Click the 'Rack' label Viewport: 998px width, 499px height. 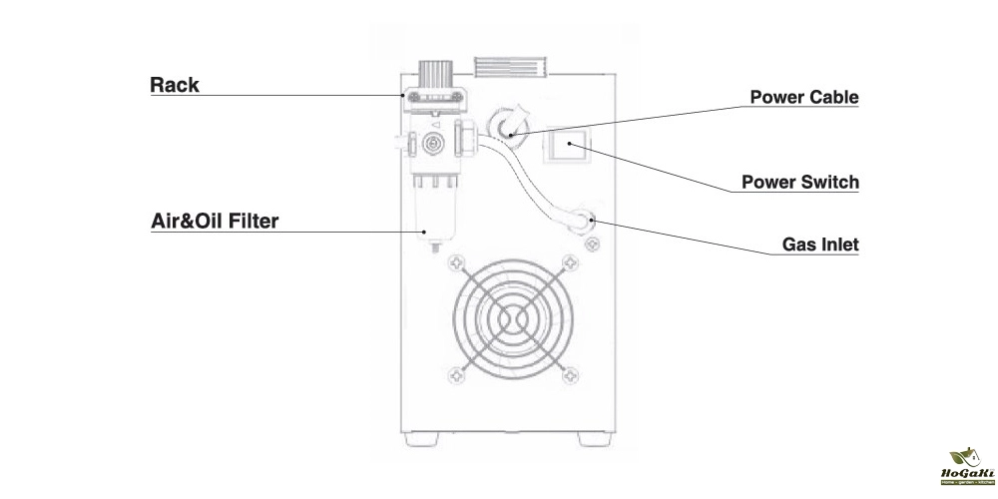click(x=175, y=85)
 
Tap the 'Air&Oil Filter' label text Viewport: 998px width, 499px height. click(x=214, y=221)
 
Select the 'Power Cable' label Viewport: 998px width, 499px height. click(x=804, y=97)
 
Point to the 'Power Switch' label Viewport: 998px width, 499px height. click(x=800, y=183)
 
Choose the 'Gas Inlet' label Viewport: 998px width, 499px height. click(x=820, y=244)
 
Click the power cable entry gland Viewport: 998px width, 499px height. click(x=504, y=125)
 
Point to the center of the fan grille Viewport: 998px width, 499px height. click(x=513, y=318)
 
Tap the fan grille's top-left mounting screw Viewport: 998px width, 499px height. click(x=457, y=263)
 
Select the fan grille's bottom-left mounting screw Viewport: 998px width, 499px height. click(x=457, y=374)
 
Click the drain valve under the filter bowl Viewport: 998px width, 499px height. click(x=434, y=246)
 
